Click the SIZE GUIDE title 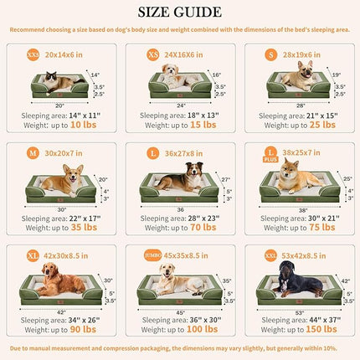[x=180, y=12]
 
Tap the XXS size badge [x=33, y=53]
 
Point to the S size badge [x=270, y=53]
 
